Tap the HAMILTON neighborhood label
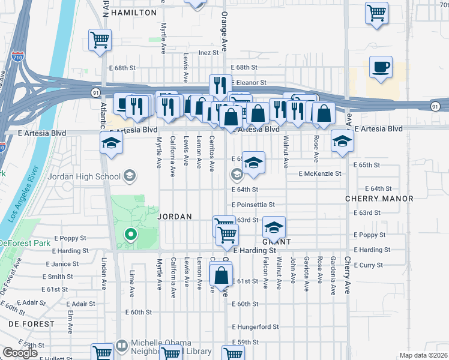pyautogui.click(x=133, y=12)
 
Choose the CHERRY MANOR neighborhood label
pyautogui.click(x=379, y=199)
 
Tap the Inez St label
pyautogui.click(x=208, y=53)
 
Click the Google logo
pyautogui.click(x=19, y=353)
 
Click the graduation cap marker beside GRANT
pyautogui.click(x=274, y=228)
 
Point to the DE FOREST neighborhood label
pyautogui.click(x=31, y=324)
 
